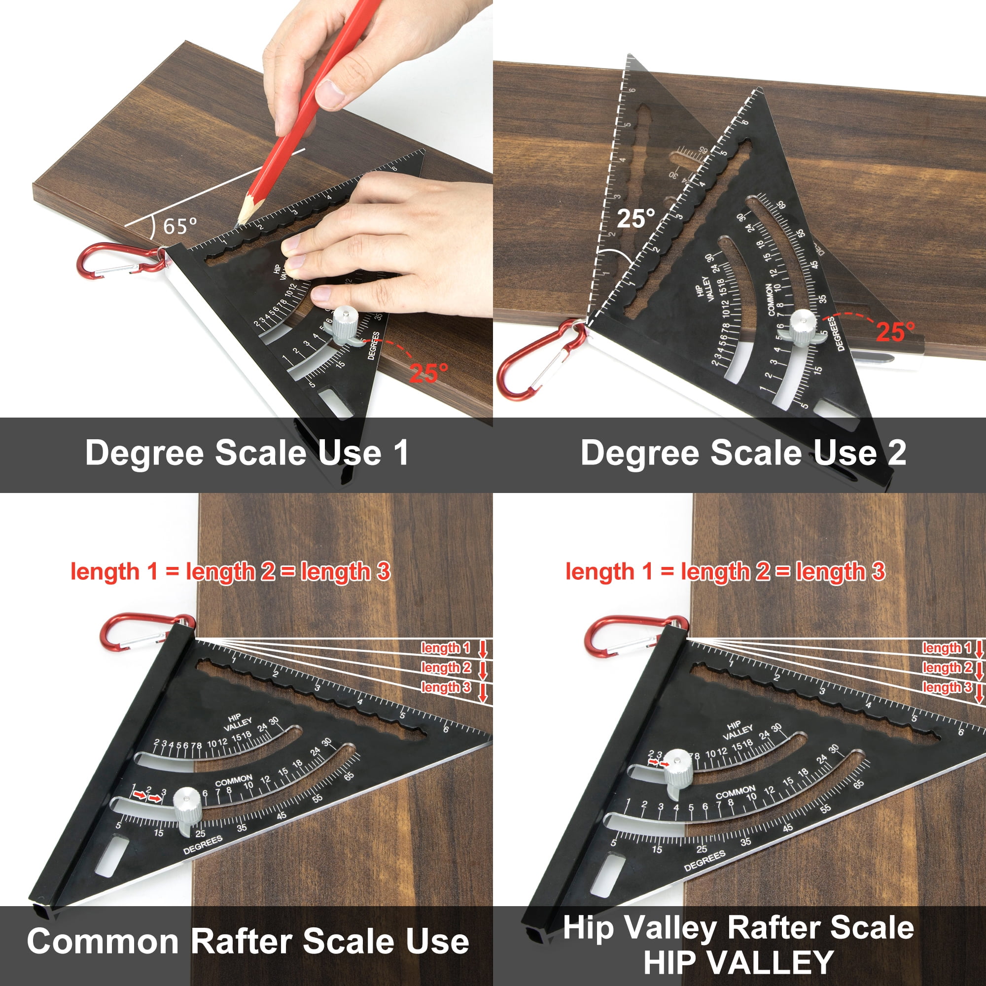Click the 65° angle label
click(x=179, y=226)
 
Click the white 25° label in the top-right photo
click(x=635, y=219)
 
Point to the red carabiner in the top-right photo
click(x=541, y=360)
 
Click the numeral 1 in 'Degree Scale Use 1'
click(x=402, y=453)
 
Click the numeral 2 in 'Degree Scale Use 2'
click(x=896, y=453)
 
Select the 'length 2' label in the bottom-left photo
click(x=446, y=668)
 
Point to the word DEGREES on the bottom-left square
click(x=203, y=845)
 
